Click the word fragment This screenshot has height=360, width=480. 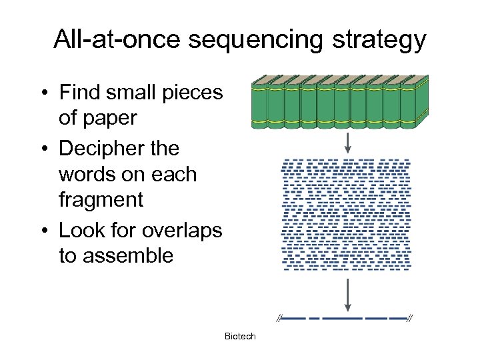[x=101, y=199]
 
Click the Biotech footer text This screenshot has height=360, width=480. [x=240, y=337]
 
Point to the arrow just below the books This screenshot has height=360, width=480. [x=347, y=141]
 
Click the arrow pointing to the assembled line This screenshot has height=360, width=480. [x=347, y=295]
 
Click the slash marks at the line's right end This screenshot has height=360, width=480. [x=410, y=318]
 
